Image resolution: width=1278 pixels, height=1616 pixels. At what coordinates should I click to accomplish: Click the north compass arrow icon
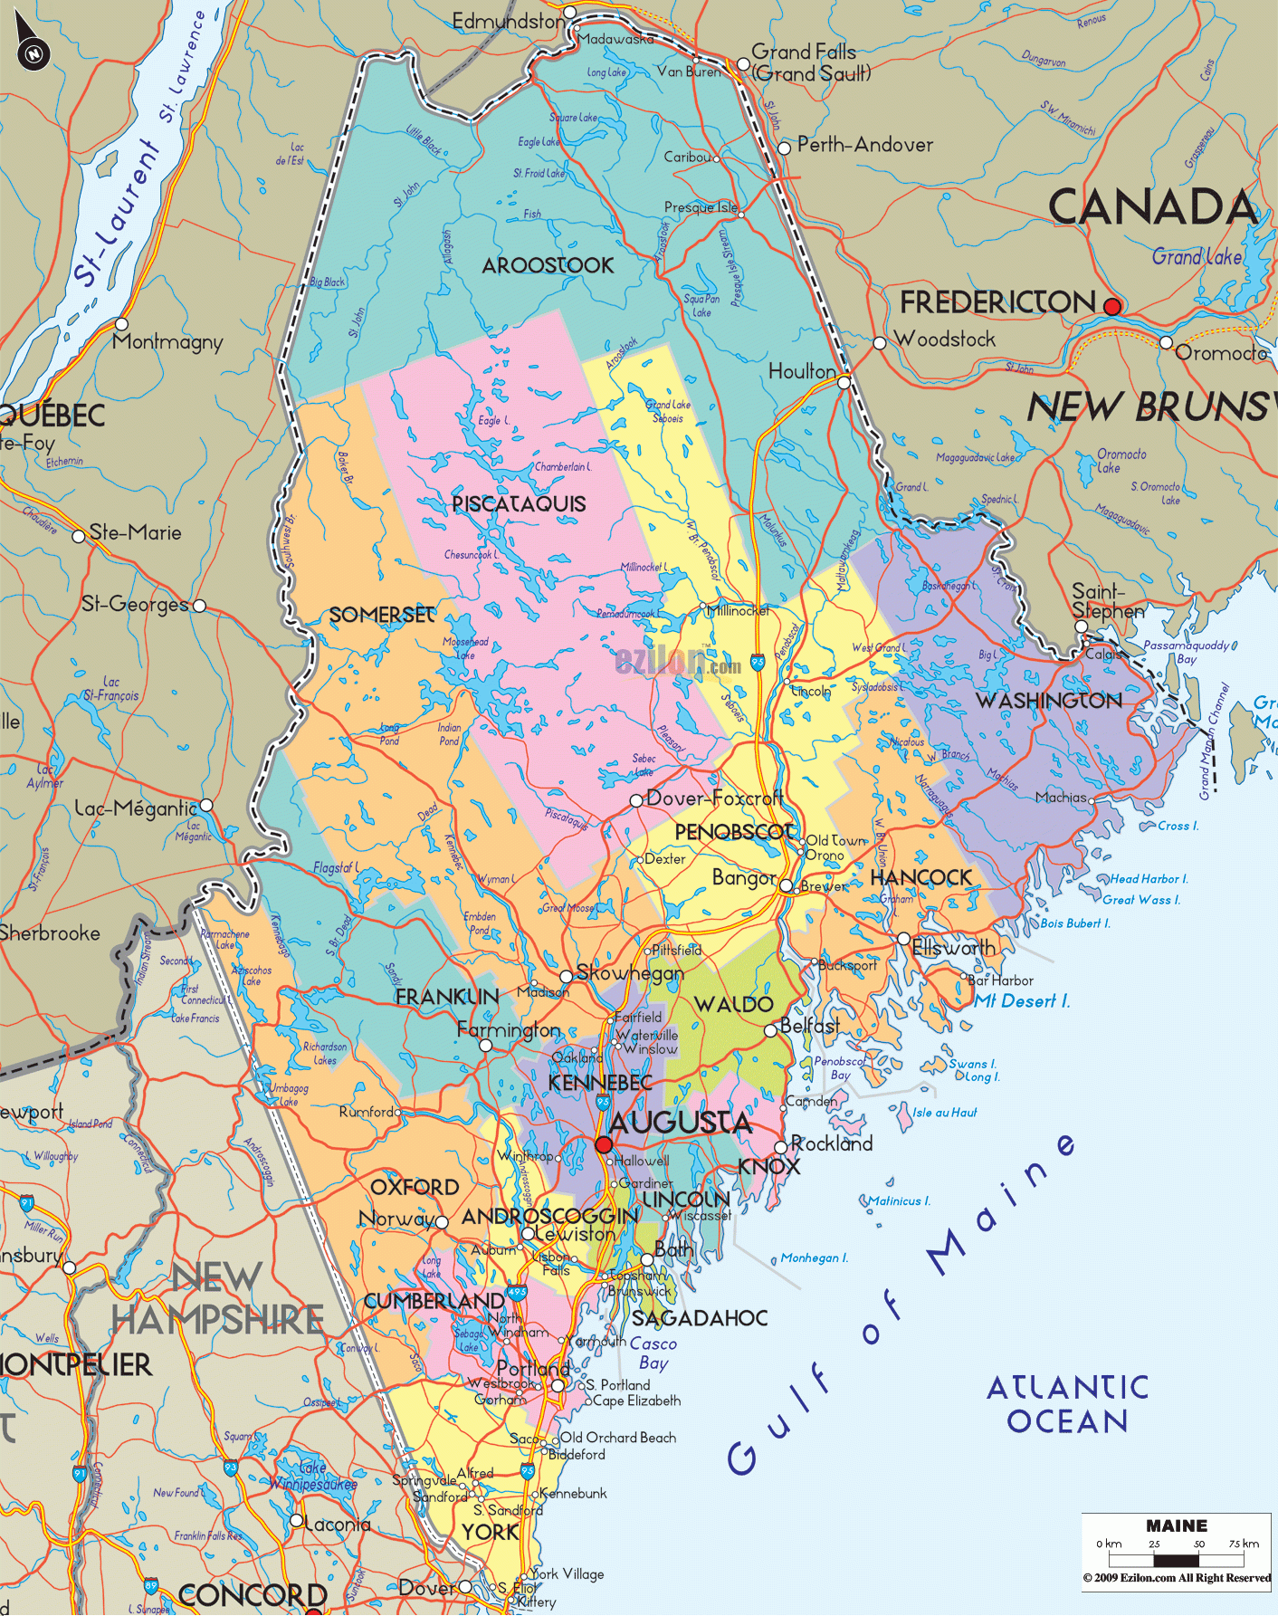(x=32, y=45)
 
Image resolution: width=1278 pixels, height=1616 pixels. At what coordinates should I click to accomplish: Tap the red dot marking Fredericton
(x=1112, y=307)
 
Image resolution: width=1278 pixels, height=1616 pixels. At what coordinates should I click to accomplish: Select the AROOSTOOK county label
(x=548, y=266)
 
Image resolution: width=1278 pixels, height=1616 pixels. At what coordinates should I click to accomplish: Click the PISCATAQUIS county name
(x=519, y=504)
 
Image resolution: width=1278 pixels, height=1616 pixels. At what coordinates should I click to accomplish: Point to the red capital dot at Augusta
(x=604, y=1144)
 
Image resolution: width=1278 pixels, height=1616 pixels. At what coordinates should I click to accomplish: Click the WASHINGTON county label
(x=1048, y=701)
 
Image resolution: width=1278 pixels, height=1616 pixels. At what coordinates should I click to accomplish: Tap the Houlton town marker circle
(x=844, y=382)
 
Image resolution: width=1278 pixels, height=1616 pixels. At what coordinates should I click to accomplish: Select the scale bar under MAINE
(x=1176, y=1560)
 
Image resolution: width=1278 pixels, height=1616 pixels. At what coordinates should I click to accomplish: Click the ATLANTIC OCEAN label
(x=1067, y=1404)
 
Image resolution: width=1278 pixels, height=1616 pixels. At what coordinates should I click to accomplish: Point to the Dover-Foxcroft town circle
(x=636, y=800)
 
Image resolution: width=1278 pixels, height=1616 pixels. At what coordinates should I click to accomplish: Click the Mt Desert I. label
(x=1022, y=1001)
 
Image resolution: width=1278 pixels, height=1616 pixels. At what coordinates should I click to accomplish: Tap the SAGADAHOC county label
(x=700, y=1318)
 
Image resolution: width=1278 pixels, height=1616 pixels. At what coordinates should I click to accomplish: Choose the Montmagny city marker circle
(x=121, y=324)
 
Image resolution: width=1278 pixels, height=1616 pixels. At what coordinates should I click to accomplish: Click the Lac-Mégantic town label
(x=136, y=808)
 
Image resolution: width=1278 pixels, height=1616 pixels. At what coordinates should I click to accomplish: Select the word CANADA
(x=1152, y=207)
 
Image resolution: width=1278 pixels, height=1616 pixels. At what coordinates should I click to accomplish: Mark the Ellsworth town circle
(x=903, y=939)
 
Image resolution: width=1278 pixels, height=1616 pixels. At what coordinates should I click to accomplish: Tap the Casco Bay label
(x=653, y=1353)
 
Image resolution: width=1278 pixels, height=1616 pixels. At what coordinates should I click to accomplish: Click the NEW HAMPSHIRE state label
(x=217, y=1299)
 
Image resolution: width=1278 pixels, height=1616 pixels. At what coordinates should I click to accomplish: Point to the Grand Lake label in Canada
(x=1197, y=257)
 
